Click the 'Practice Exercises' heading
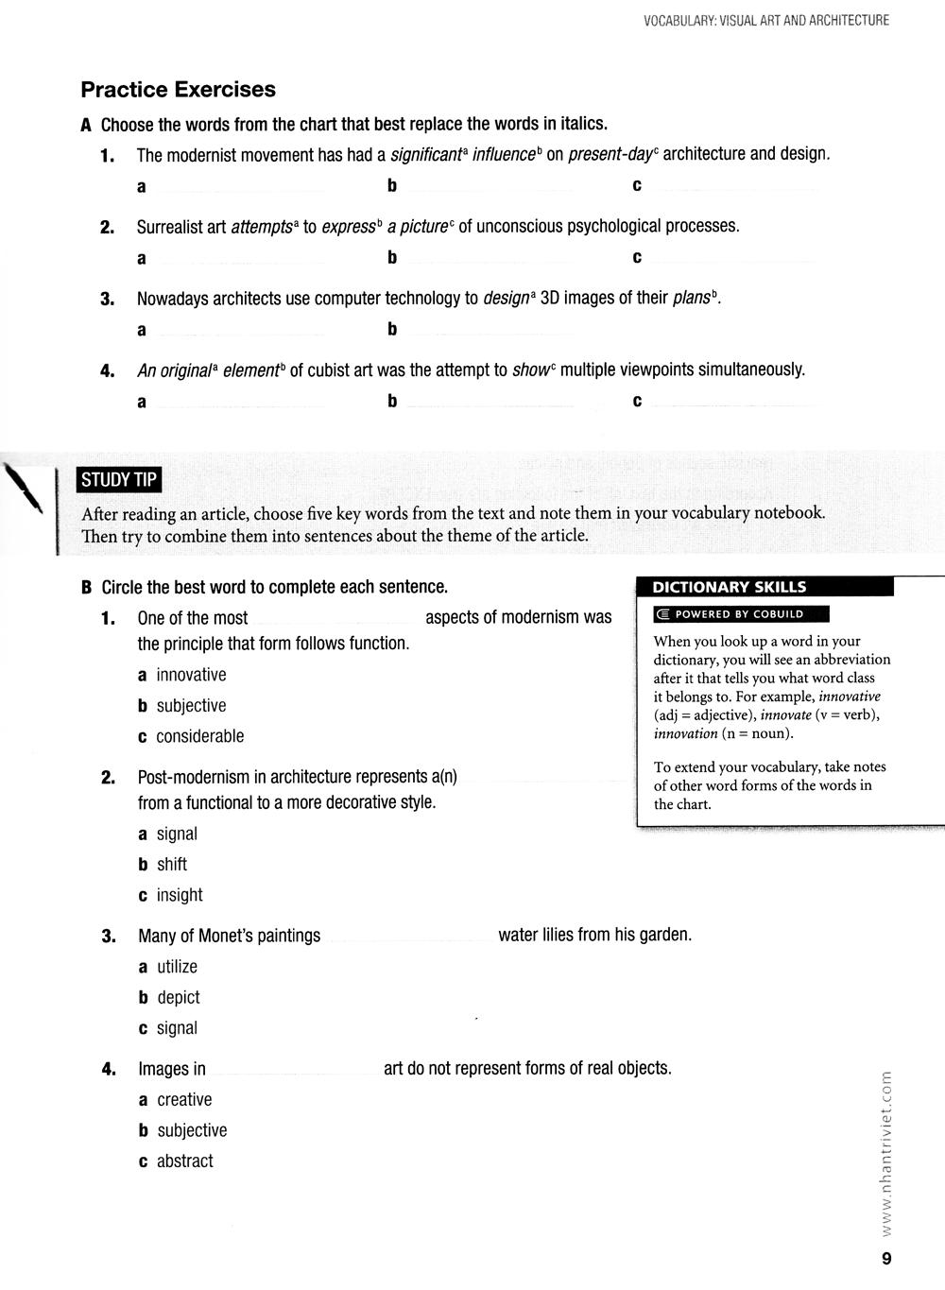[178, 90]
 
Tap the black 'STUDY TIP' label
[119, 480]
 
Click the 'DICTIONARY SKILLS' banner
[729, 587]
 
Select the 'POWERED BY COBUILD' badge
[741, 614]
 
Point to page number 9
[885, 1258]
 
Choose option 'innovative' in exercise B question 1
[191, 675]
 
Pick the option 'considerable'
[199, 736]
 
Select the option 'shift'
[172, 865]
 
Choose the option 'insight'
[180, 895]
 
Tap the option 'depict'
[179, 998]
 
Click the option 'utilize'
[177, 967]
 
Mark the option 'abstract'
[185, 1161]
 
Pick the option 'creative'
[184, 1100]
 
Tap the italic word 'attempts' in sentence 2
[262, 228]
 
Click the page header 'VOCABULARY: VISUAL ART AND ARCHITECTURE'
[766, 20]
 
